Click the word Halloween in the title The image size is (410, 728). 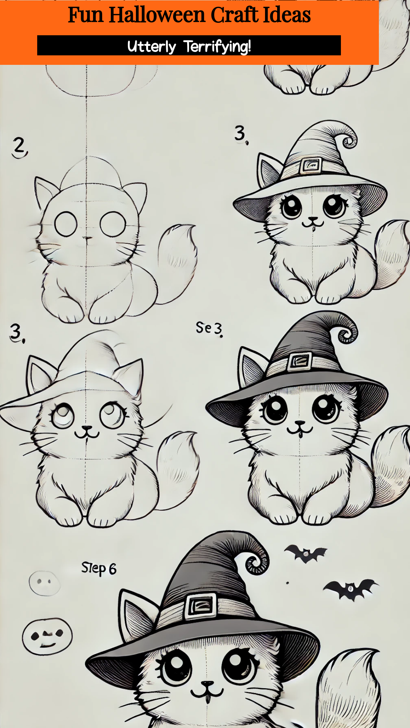(x=157, y=15)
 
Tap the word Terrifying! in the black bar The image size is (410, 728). (x=217, y=47)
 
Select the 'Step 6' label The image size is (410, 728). (x=99, y=568)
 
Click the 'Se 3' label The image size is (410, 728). (x=209, y=328)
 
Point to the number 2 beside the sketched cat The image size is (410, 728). (x=19, y=147)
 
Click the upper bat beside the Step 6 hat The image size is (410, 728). (x=306, y=554)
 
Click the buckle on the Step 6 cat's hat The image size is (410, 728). (x=202, y=606)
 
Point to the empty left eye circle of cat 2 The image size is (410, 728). (x=66, y=224)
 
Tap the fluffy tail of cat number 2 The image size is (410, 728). (x=177, y=258)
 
